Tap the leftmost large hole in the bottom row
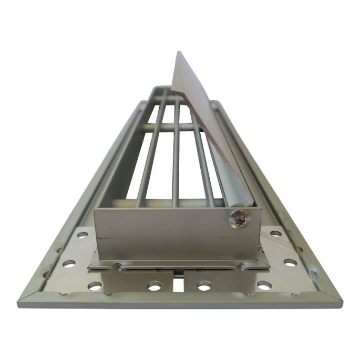pos(95,285)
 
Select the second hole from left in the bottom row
pos(154,286)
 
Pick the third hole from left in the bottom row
pos(204,286)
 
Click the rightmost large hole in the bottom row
pos(264,285)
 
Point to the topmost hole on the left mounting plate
pos(83,235)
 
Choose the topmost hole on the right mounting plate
pos(275,234)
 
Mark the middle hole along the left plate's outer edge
pos(69,263)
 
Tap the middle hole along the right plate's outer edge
pos(290,262)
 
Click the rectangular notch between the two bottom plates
pos(179,284)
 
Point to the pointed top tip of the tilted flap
pos(178,53)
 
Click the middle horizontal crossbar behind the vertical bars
pos(168,127)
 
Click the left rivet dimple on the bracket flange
pos(117,266)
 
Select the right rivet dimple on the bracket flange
pos(240,266)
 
